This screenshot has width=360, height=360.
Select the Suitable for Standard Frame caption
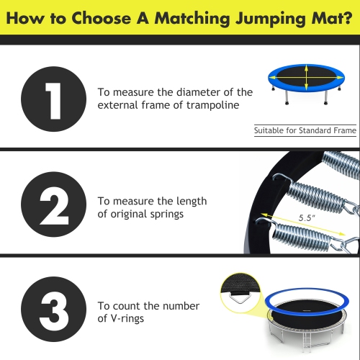tap(305, 131)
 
